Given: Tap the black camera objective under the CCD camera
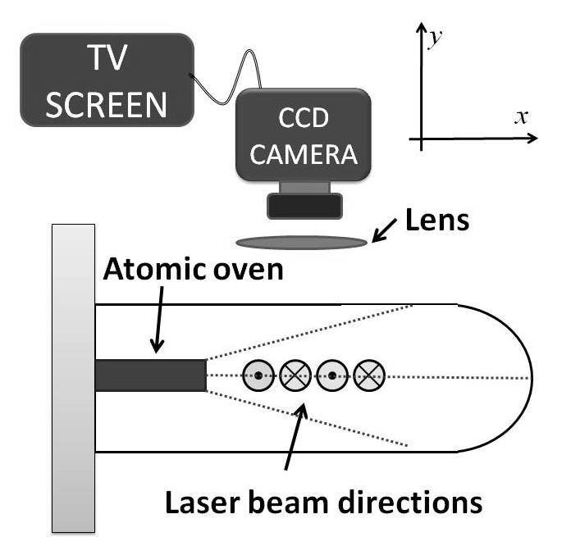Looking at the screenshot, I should click(306, 205).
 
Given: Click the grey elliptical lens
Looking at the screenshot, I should click(303, 241).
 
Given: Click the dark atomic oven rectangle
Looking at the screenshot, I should click(150, 375).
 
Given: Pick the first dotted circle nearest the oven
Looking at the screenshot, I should click(258, 375).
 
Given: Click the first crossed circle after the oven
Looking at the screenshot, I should click(295, 375).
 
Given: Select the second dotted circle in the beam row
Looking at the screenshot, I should click(331, 375).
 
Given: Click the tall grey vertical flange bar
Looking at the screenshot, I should click(75, 377).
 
